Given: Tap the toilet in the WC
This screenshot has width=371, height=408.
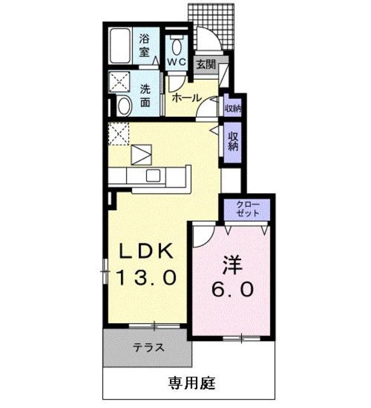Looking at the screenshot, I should [176, 44].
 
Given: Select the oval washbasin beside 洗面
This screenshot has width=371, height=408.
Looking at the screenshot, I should [124, 105].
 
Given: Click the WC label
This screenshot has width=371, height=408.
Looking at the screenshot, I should [176, 62].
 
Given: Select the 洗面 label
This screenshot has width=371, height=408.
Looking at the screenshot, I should [146, 96].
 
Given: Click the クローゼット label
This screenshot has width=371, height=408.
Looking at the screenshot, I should [248, 208].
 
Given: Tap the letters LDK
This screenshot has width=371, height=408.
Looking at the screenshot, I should [146, 252].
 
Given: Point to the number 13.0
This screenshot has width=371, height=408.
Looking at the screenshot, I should [146, 277].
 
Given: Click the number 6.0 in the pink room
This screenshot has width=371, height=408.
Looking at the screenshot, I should [232, 288].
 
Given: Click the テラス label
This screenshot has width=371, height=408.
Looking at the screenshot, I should [149, 348].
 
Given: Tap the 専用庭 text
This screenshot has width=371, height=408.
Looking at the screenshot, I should [192, 383].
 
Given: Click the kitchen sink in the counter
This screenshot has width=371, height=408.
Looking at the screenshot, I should [154, 175].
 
